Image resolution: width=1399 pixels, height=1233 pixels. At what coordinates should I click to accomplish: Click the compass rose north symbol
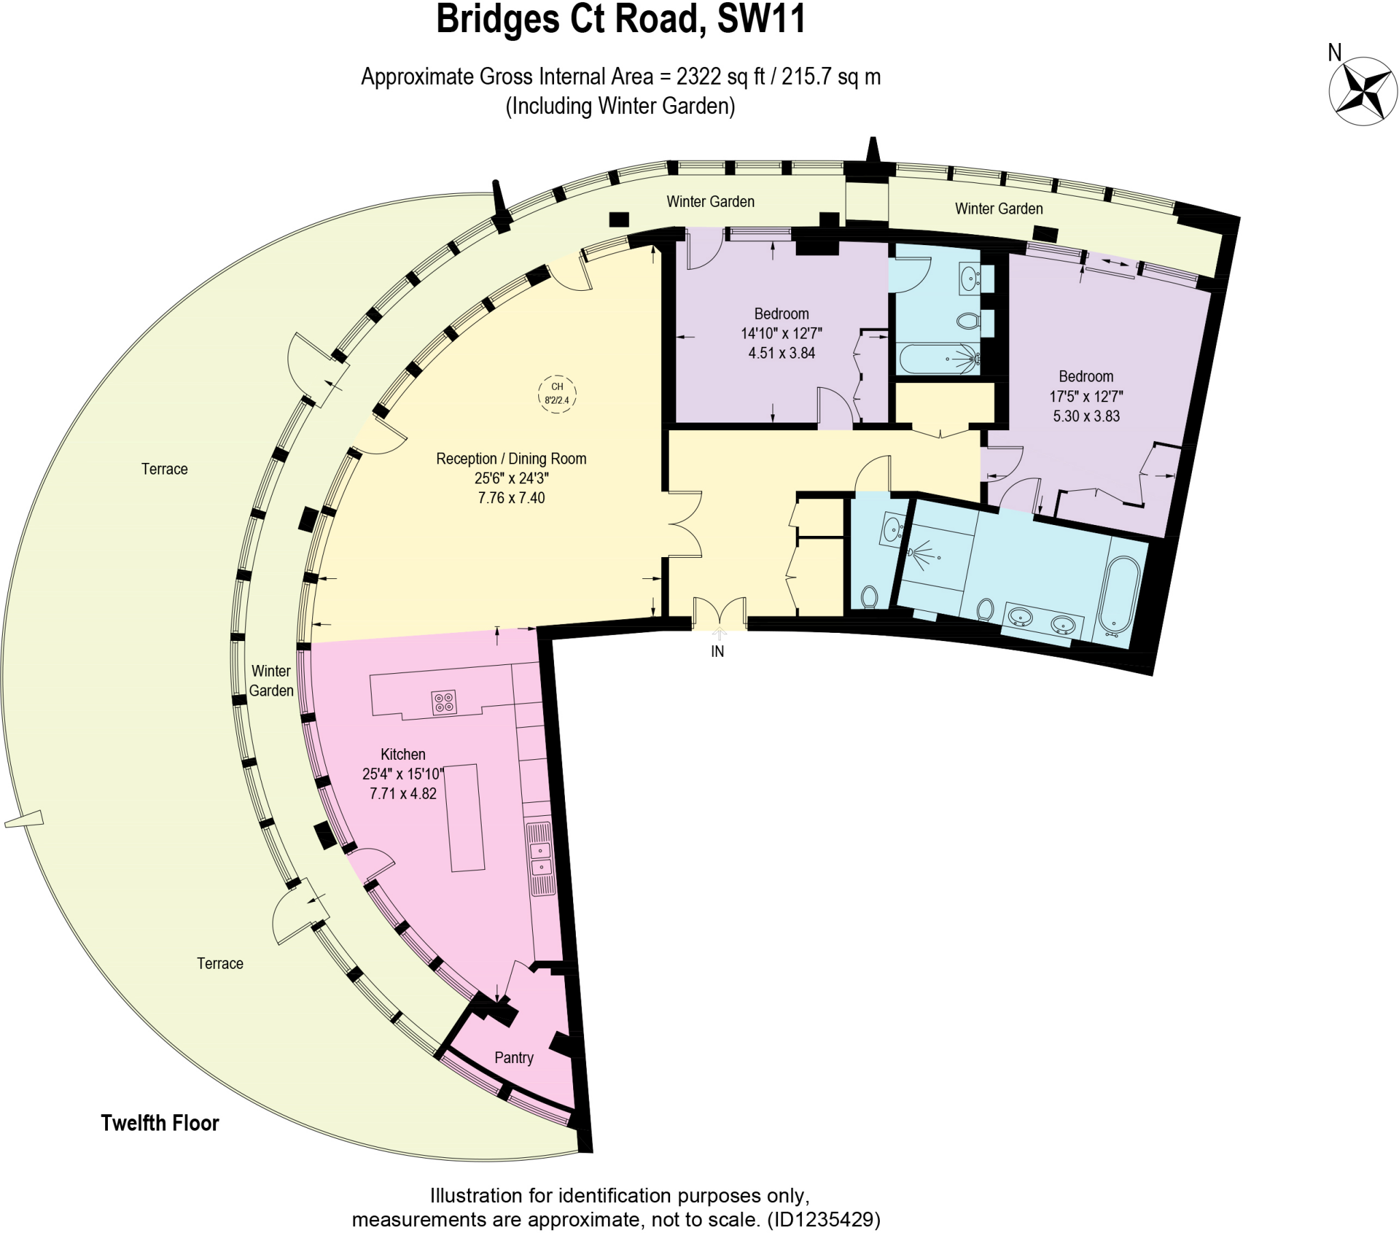tap(1363, 91)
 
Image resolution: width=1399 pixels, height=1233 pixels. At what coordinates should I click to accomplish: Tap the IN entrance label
tap(717, 651)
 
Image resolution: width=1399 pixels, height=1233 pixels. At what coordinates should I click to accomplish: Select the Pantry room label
tap(513, 1057)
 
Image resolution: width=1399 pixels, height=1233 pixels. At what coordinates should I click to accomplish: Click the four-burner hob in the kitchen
tap(444, 702)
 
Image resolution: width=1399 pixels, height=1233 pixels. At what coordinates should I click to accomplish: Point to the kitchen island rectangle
tap(465, 818)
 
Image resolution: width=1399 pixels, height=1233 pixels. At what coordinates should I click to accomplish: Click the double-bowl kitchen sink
tap(541, 860)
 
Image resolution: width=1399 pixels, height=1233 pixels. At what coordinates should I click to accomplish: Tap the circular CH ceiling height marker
tap(557, 394)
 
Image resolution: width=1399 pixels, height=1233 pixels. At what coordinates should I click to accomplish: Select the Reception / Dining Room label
tap(511, 458)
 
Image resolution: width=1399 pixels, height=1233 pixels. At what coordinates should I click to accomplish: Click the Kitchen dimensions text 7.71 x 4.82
tap(403, 794)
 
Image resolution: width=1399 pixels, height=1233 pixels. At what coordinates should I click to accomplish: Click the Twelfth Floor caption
tap(160, 1123)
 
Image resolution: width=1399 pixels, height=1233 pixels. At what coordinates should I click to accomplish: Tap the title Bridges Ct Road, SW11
tap(621, 19)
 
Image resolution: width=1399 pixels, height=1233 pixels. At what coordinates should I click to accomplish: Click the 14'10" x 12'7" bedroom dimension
tap(781, 333)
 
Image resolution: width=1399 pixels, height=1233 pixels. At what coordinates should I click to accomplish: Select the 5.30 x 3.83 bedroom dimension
tap(1086, 416)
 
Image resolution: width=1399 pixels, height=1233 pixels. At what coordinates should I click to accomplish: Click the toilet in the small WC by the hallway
tap(869, 597)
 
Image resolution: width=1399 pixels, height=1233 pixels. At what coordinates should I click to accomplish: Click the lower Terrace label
tap(220, 963)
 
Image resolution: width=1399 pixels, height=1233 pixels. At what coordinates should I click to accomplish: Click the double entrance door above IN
tap(719, 612)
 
